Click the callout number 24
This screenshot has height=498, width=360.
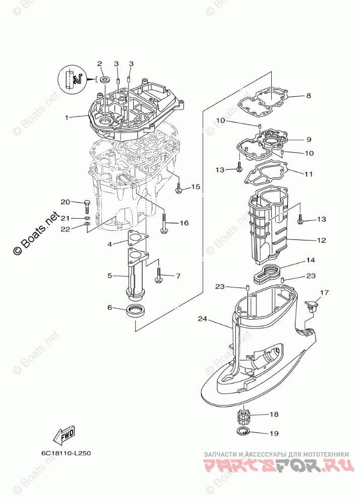(x=202, y=319)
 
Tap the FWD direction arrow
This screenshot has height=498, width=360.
(x=65, y=433)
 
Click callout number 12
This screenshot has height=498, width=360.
(x=321, y=240)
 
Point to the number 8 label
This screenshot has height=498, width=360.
(x=309, y=96)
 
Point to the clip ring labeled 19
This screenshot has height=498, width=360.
(x=244, y=432)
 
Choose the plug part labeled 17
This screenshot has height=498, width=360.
(x=312, y=305)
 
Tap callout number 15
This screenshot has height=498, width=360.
(x=196, y=187)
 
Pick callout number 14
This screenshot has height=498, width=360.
(x=311, y=261)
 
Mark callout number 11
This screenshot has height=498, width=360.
(x=308, y=174)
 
